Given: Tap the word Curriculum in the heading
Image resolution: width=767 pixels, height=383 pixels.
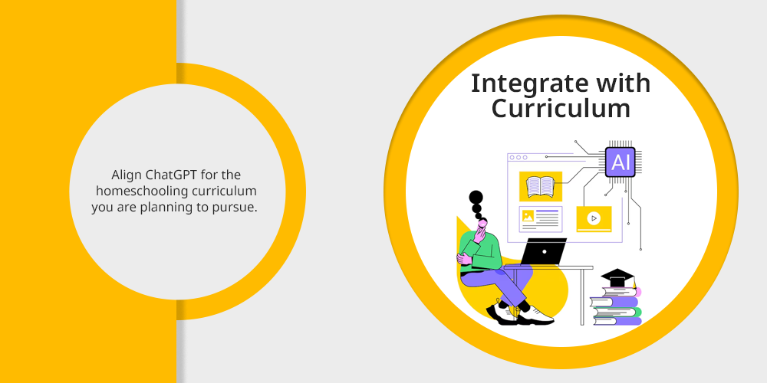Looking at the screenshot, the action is tap(561, 109).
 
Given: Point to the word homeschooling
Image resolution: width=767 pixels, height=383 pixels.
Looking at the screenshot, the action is tap(141, 191).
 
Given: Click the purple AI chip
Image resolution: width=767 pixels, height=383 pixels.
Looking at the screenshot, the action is tap(621, 162).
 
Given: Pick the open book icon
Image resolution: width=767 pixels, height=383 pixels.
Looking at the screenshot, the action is tap(540, 187).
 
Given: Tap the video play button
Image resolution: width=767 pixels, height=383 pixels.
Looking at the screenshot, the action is tap(594, 218).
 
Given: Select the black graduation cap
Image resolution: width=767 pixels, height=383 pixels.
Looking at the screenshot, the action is tap(617, 278).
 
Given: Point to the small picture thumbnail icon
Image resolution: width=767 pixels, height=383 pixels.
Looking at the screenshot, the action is tap(528, 216).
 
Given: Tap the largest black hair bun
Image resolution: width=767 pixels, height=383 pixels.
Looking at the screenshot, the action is tap(476, 198).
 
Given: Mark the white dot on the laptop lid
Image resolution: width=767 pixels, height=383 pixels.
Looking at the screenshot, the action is tap(545, 251).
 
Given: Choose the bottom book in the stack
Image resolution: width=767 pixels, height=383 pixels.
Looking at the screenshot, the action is tap(617, 321).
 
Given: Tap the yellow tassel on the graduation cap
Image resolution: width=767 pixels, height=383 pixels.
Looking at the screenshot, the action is tap(634, 284).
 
